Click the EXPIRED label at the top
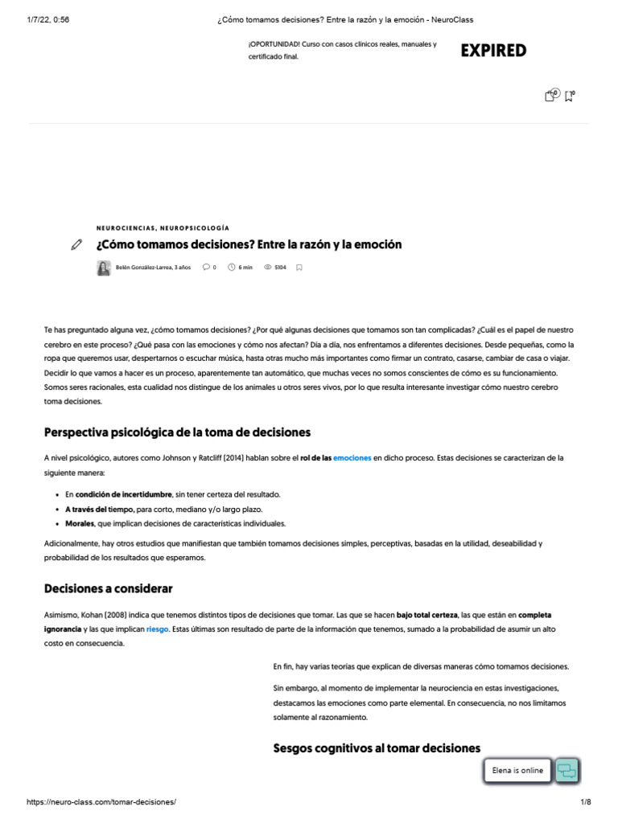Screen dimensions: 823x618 click(x=493, y=51)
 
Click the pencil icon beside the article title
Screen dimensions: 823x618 click(x=76, y=244)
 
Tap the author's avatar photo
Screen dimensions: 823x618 click(x=103, y=268)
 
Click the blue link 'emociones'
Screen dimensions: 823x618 click(x=352, y=458)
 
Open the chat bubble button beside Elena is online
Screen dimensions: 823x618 click(x=566, y=771)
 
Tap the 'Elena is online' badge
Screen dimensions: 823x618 click(x=518, y=771)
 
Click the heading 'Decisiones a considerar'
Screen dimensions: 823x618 click(x=108, y=588)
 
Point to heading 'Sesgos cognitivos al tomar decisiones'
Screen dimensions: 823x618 click(x=377, y=747)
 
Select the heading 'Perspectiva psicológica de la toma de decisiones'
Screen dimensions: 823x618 click(x=177, y=432)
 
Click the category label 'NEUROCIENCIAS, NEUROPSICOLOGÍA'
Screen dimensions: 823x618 click(x=162, y=228)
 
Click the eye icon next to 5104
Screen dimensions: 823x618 click(x=268, y=268)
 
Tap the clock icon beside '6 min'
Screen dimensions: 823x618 click(x=232, y=268)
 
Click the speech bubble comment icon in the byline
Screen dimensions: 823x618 click(x=206, y=268)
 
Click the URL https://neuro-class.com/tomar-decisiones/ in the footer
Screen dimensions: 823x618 click(x=101, y=802)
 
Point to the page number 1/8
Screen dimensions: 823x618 click(x=585, y=802)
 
